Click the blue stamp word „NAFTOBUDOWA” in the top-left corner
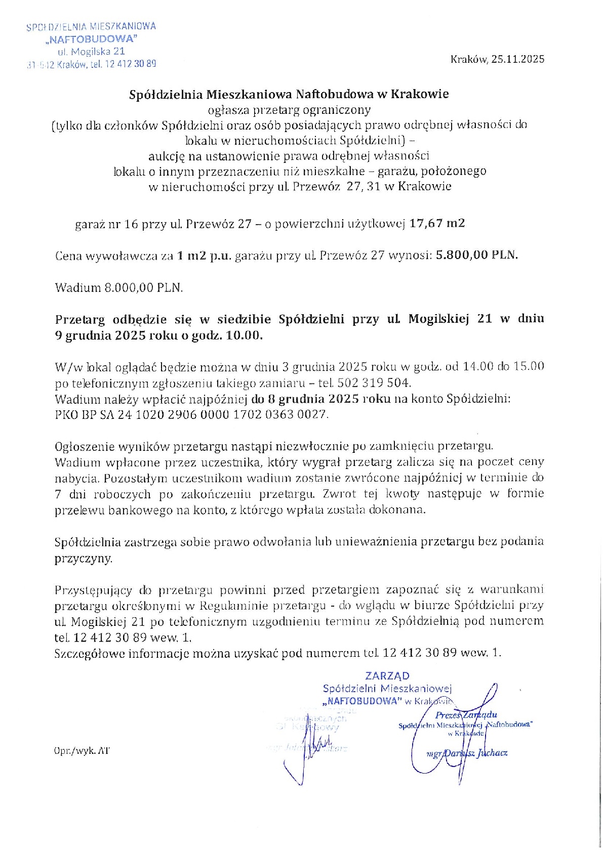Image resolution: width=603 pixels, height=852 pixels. pos(92,39)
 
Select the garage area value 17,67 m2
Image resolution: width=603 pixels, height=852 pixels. pos(437,224)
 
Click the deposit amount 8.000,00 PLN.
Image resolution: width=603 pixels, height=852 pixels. pos(143,288)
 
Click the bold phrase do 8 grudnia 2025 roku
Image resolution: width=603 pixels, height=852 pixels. pos(321,399)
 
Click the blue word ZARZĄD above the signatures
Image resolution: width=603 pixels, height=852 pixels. pos(387,675)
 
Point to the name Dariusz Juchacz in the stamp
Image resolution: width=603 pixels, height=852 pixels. pos(475,753)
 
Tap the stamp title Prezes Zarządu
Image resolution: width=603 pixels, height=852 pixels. pos(466,715)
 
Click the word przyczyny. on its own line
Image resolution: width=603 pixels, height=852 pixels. pos(84,559)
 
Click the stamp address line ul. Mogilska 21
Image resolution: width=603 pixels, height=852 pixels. pos(92,52)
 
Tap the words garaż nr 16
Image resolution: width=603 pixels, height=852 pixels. pos(107,224)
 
